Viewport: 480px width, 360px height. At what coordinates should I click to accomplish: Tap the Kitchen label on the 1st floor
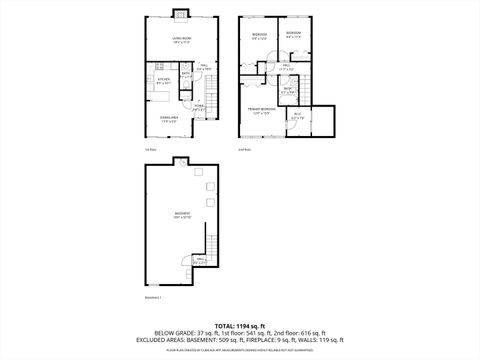(x=162, y=83)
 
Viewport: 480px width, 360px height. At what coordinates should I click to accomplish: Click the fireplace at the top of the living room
(x=181, y=14)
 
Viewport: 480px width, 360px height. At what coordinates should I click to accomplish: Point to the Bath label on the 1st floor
(x=187, y=74)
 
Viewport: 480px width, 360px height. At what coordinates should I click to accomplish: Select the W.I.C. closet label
(x=297, y=115)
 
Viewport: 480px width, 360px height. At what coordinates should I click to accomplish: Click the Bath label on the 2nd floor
(x=286, y=90)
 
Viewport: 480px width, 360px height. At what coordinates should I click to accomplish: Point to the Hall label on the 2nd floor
(x=286, y=66)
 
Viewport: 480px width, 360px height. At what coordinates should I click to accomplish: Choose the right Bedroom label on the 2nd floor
(x=293, y=35)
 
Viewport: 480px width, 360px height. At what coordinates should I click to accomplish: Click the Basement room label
(x=181, y=215)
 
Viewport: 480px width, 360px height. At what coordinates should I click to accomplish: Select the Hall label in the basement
(x=200, y=262)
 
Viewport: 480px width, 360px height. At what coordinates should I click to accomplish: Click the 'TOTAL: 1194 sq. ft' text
(x=239, y=326)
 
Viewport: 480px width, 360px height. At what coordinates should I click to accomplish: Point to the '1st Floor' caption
(x=150, y=149)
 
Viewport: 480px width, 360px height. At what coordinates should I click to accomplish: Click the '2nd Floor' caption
(x=244, y=149)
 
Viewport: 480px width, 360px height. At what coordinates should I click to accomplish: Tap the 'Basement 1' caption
(x=152, y=297)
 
